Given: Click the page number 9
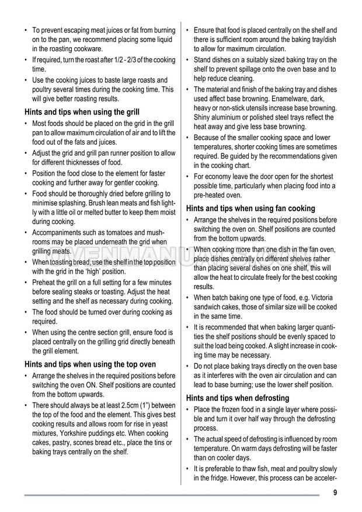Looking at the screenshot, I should (x=335, y=493).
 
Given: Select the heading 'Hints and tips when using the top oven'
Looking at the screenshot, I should (x=90, y=364).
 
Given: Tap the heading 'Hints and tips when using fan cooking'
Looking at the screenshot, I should (x=250, y=208).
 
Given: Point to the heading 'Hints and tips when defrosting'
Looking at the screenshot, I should (x=237, y=398).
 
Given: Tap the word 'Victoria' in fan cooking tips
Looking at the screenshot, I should (x=319, y=297).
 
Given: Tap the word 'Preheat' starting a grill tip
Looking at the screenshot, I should (x=45, y=282).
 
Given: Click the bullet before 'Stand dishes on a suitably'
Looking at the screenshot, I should (x=188, y=60).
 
